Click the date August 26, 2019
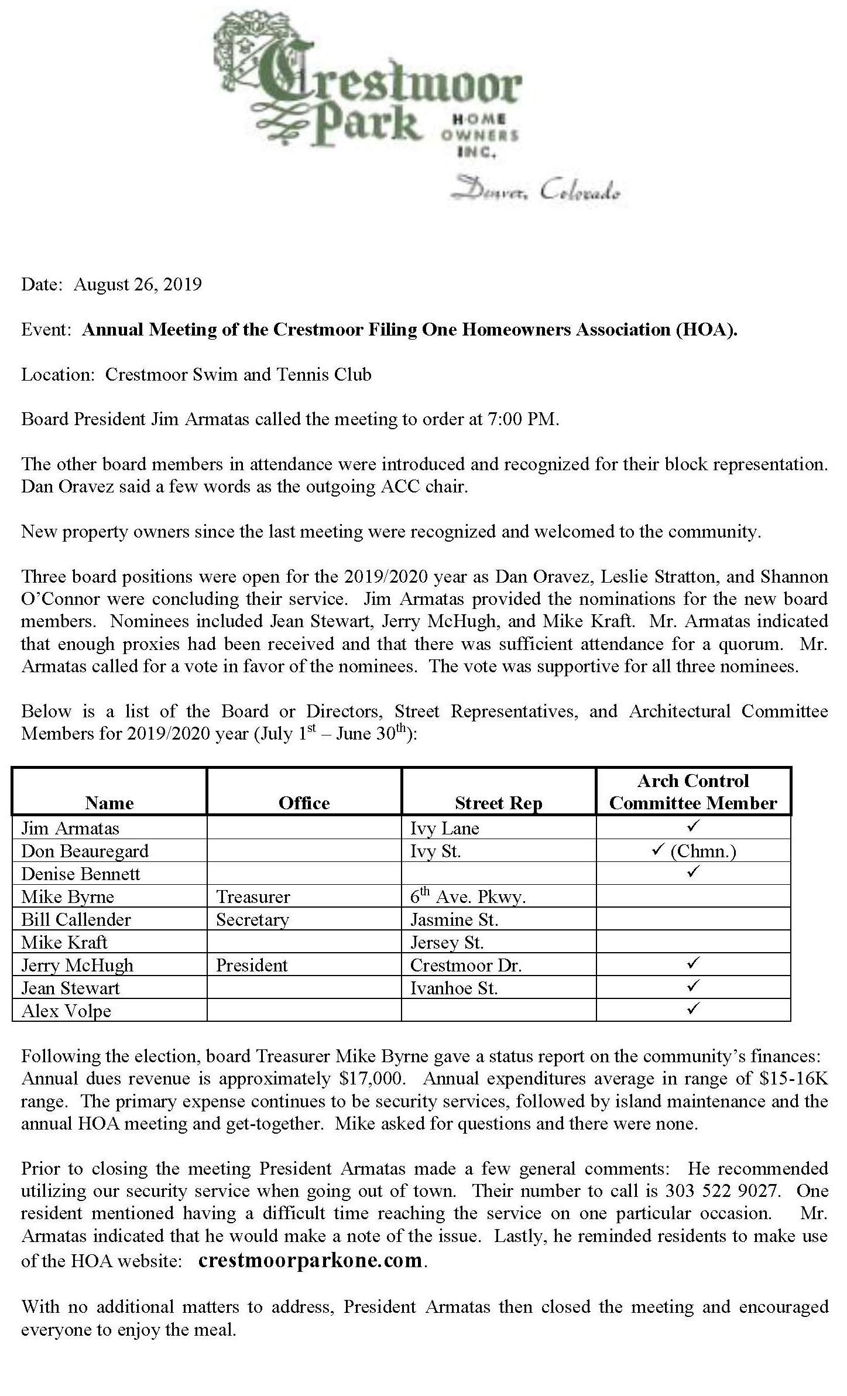click(138, 285)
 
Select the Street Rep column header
click(498, 803)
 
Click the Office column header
click(304, 803)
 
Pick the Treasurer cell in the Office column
click(253, 897)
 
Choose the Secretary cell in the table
click(252, 919)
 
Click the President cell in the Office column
click(252, 965)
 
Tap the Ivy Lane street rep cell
click(444, 828)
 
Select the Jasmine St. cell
click(454, 919)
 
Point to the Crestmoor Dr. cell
click(465, 965)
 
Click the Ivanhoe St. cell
click(454, 988)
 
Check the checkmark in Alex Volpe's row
click(693, 1008)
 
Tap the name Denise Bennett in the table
click(81, 874)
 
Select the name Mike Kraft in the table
click(64, 942)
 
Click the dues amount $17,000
click(372, 1078)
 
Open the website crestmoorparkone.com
click(310, 1260)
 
